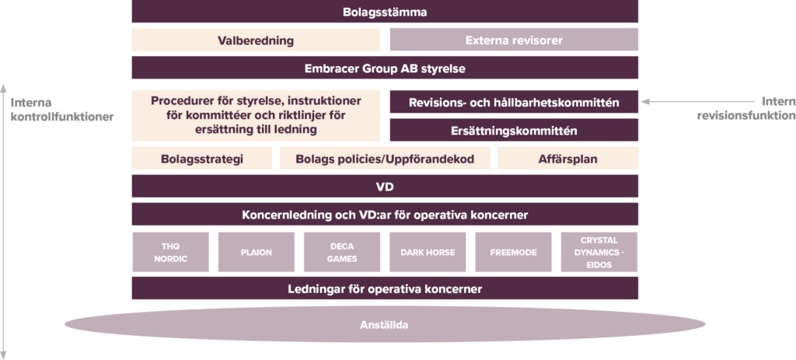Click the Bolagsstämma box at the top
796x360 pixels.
(385, 12)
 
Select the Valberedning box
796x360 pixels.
(256, 40)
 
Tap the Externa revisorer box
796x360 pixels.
(513, 40)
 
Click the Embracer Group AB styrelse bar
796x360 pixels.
(385, 68)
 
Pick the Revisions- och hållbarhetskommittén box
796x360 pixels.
(513, 102)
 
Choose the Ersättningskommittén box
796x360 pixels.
(513, 130)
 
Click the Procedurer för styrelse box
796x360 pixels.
(256, 115)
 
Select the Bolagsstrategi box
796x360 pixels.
(201, 159)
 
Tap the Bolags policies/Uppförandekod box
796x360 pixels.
(384, 159)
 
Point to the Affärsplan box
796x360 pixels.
(567, 159)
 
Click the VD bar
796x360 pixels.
(385, 187)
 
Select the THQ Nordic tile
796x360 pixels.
(170, 253)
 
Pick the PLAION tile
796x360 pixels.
(256, 253)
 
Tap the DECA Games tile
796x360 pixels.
(341, 253)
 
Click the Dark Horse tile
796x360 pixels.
(427, 253)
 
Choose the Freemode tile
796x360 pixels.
(513, 253)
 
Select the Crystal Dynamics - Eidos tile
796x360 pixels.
(599, 253)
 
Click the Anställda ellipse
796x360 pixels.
(385, 324)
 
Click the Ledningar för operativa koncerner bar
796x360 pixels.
(385, 288)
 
